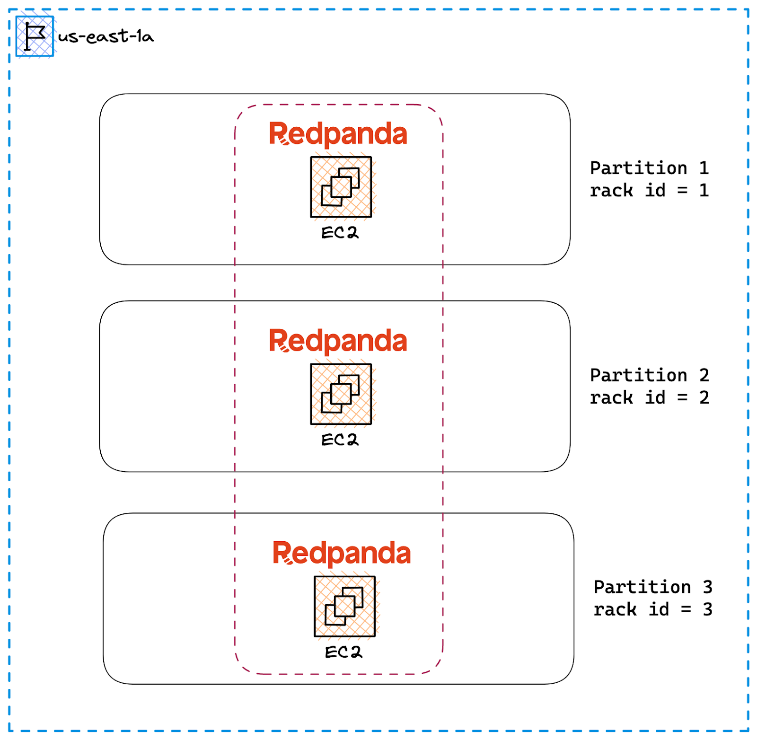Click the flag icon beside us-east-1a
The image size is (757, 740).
coord(35,36)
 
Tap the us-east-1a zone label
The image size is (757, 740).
coord(106,36)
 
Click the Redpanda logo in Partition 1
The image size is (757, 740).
coord(338,134)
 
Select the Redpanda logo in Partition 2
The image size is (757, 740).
coord(338,341)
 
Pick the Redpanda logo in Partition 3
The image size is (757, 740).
coord(342,553)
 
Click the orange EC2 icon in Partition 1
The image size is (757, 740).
coord(341,187)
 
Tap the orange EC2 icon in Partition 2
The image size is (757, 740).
coord(341,394)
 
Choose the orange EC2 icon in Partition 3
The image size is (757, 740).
coord(344,606)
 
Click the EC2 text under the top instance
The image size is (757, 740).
coord(340,233)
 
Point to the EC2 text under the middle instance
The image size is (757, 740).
coord(340,440)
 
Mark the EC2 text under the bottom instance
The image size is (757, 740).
coord(343,652)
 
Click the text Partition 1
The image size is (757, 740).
coord(649,168)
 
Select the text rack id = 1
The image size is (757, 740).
coord(649,190)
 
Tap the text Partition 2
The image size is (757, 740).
coord(649,375)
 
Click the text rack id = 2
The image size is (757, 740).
coord(649,397)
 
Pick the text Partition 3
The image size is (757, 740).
coord(653,587)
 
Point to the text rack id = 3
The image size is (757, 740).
coord(653,609)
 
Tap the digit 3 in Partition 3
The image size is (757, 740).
coord(707,587)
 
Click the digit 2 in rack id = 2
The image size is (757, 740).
coord(704,397)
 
